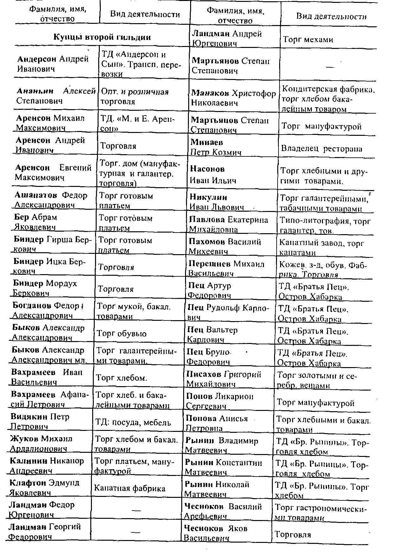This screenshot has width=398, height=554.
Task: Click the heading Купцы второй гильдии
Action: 102,37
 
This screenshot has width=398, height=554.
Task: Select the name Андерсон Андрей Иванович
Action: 53,64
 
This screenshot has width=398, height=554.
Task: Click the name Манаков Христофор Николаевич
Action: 234,98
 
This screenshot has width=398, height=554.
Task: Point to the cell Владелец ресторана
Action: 322,149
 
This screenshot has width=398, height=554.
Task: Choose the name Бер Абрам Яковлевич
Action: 35,222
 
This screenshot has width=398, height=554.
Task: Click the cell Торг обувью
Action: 121,333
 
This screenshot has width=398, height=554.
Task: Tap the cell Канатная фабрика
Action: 130,488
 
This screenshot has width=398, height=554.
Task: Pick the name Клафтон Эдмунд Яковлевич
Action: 44,488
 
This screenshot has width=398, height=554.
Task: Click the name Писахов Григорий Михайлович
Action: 224,379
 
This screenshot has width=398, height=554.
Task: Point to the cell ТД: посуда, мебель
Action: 133,422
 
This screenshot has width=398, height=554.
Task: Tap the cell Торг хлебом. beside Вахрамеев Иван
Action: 121,378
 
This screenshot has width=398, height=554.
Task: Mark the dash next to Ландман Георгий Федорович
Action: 136,532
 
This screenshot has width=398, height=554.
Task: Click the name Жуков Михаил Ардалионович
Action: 41,444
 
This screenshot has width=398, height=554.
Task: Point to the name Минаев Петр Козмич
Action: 215,147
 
